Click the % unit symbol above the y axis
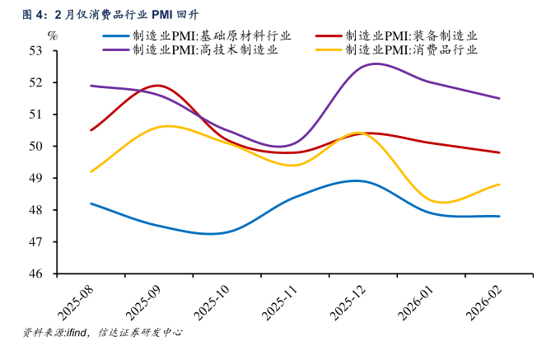53,35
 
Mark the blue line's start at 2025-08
91,203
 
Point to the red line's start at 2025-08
91,130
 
